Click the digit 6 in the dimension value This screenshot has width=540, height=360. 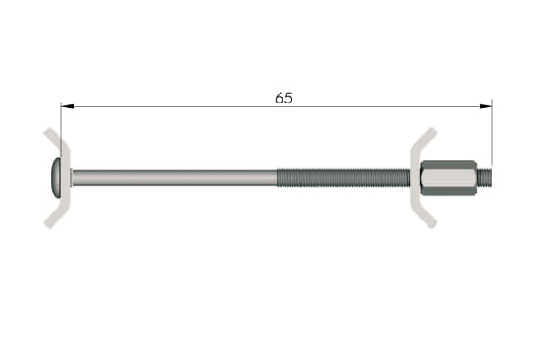pyautogui.click(x=279, y=98)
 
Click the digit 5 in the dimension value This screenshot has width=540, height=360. pyautogui.click(x=288, y=98)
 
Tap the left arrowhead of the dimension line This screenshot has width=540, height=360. pyautogui.click(x=67, y=106)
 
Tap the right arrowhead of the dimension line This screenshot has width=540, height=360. pyautogui.click(x=486, y=106)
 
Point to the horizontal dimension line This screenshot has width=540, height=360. pyautogui.click(x=276, y=106)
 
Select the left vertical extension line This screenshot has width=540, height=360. pyautogui.click(x=61, y=130)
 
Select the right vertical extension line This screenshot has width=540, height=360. pyautogui.click(x=492, y=133)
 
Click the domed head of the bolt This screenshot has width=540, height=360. pyautogui.click(x=56, y=178)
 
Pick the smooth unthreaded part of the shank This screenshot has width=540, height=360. pyautogui.click(x=175, y=178)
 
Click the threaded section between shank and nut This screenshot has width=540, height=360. pyautogui.click(x=344, y=178)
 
